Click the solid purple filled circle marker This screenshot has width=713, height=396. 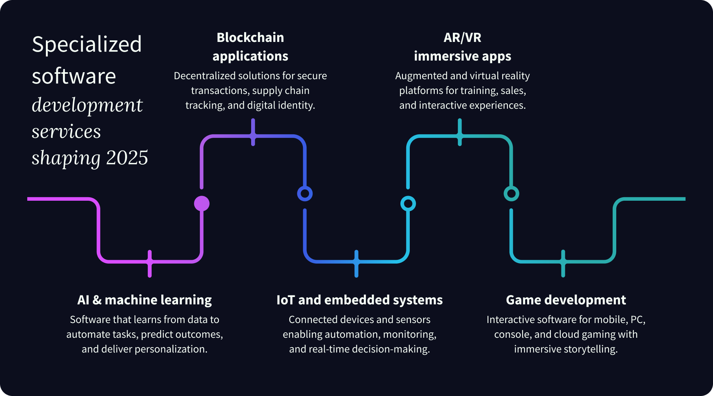202,203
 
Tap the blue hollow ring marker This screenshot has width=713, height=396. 305,193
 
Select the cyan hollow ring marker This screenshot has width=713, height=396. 408,203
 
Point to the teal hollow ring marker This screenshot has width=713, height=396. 511,193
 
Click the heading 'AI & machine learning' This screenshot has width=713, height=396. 144,300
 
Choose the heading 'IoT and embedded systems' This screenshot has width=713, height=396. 359,300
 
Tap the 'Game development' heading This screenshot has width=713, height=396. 566,300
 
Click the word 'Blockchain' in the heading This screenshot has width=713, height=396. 250,37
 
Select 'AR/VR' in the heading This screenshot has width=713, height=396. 462,37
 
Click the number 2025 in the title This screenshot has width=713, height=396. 127,158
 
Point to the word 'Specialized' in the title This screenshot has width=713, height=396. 87,44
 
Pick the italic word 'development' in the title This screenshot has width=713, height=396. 87,105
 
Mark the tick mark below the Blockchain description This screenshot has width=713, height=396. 253,132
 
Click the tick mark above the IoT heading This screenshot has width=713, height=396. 356,264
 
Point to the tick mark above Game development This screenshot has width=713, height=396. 563,264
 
